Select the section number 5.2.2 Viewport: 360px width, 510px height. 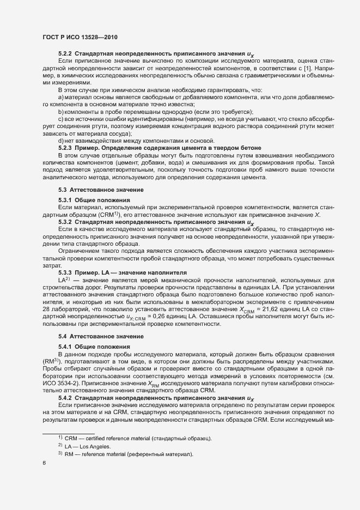[65, 54]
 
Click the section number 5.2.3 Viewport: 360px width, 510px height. [65, 148]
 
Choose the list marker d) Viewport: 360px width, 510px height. [61, 141]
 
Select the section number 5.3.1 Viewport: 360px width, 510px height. [65, 201]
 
